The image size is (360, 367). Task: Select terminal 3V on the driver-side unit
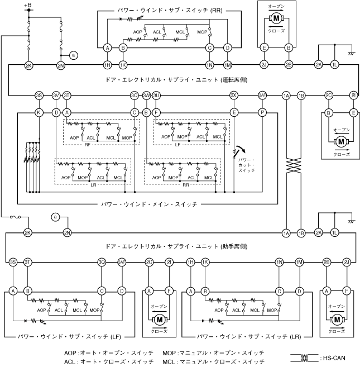pyautogui.click(x=56, y=95)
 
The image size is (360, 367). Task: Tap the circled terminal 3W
pyautogui.click(x=146, y=95)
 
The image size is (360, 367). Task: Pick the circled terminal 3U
pyautogui.click(x=157, y=95)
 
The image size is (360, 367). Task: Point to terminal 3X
pyautogui.click(x=234, y=95)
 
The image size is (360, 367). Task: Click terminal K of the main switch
pyautogui.click(x=39, y=112)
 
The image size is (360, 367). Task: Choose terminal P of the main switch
pyautogui.click(x=262, y=112)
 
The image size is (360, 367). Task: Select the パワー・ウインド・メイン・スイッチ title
pyautogui.click(x=148, y=204)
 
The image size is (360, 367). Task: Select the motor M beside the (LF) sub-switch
pyautogui.click(x=160, y=320)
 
